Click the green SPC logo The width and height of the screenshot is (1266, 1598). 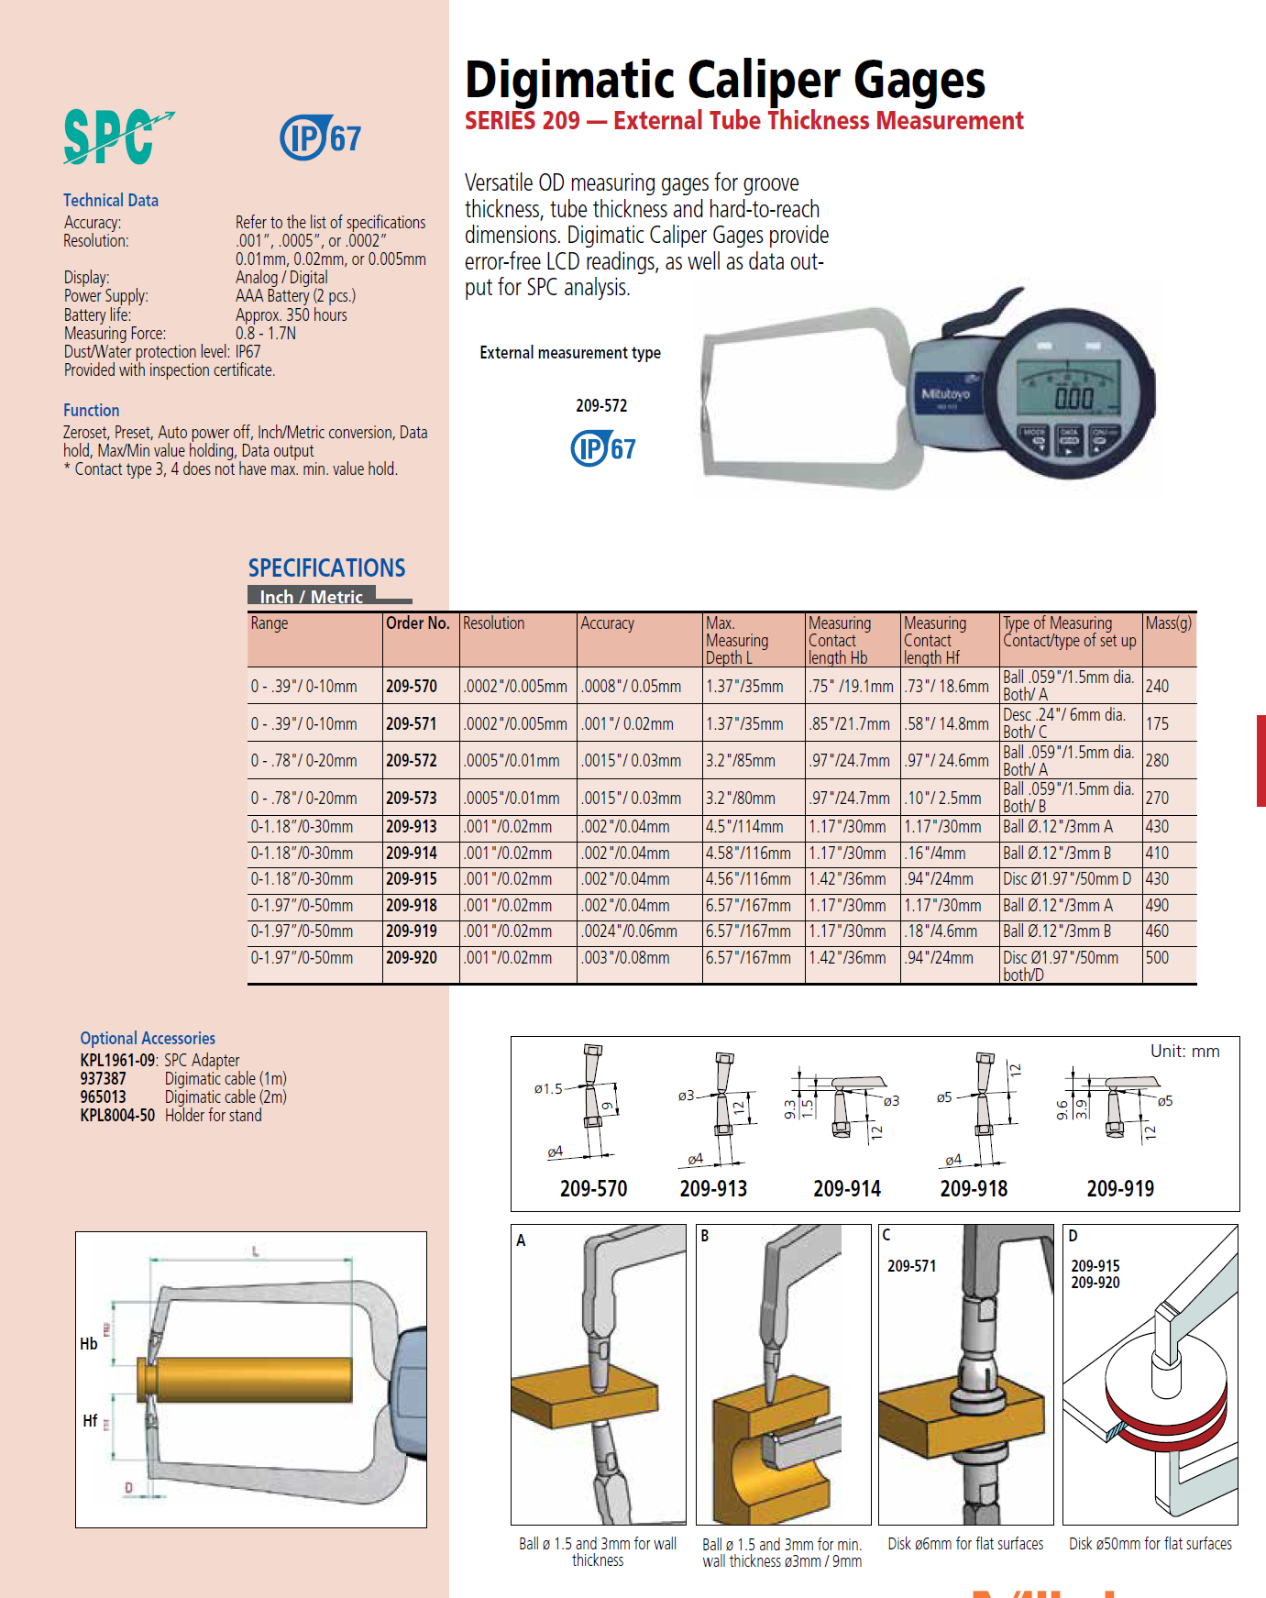coord(116,138)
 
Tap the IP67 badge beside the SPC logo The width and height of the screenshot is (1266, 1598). coord(320,138)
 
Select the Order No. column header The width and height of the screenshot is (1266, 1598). coord(418,623)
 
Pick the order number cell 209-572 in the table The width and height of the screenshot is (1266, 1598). coord(412,761)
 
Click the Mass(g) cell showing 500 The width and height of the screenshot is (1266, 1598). coord(1157,958)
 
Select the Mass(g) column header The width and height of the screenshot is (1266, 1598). coord(1169,623)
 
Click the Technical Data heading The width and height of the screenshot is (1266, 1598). coord(111,201)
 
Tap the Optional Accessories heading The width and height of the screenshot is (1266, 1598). coord(148,1039)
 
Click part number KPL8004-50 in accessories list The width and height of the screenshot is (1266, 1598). coord(117,1116)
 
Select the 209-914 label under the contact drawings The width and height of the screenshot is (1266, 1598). coord(846,1189)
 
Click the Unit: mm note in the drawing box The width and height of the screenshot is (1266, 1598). coord(1184,1052)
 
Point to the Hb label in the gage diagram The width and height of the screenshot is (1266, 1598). coord(89,1344)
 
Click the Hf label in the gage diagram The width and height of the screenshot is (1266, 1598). coord(90,1421)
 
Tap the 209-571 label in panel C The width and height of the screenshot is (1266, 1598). coord(911,1266)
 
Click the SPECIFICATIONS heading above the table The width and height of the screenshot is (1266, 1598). coord(326,568)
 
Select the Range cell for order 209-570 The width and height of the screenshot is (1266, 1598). coord(304,687)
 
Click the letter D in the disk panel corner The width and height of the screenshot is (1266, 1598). coord(1073,1236)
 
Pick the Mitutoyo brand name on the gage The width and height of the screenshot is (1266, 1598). coord(945,394)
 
